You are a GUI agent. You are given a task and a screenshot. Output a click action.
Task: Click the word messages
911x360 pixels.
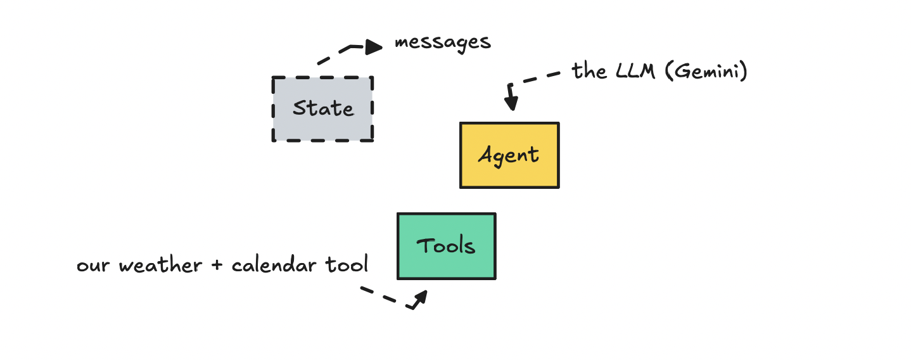coord(442,43)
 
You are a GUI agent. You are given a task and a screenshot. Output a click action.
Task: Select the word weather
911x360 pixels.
coord(161,265)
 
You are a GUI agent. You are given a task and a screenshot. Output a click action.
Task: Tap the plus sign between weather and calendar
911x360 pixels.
coord(217,266)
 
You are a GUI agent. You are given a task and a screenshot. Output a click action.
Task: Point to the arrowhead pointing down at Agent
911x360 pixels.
coord(512,103)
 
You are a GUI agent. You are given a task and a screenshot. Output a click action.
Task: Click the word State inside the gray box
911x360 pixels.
coord(322,108)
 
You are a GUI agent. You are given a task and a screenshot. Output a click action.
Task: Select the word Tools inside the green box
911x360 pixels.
coord(446,246)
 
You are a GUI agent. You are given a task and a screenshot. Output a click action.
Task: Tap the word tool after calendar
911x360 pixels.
coord(347,264)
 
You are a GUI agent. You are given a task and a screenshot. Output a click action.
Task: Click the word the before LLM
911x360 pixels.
coord(589,71)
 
